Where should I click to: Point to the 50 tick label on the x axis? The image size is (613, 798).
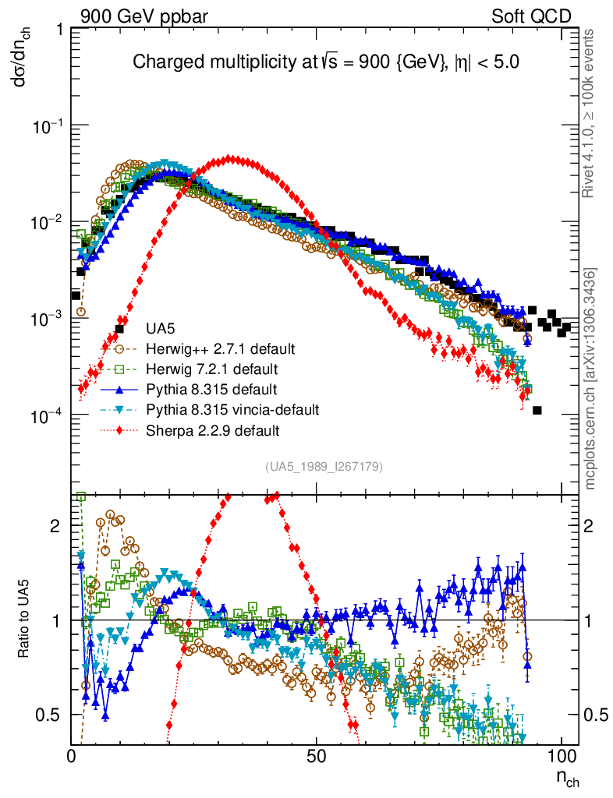tap(316, 755)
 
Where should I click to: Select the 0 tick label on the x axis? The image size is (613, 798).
tap(72, 755)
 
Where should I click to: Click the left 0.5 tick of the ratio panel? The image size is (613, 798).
tap(51, 715)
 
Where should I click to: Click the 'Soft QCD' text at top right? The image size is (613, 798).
tap(531, 16)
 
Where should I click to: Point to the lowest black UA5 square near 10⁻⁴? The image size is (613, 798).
tap(537, 410)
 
